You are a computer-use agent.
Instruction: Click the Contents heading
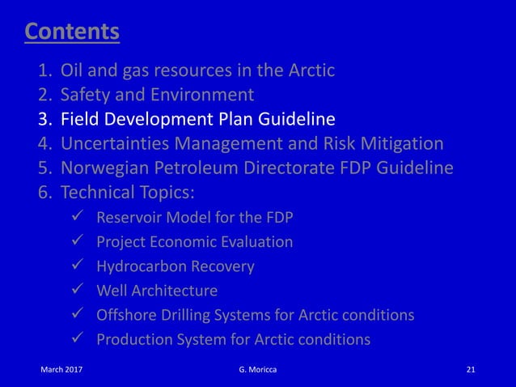72,32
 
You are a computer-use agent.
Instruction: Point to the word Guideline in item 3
294,120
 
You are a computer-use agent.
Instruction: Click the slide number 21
472,371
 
